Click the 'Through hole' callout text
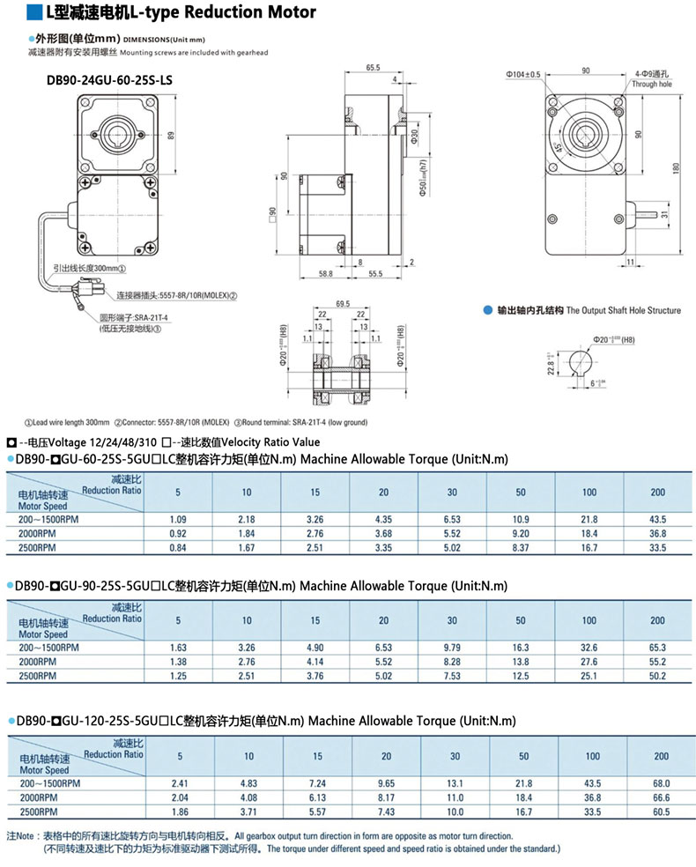pos(651,84)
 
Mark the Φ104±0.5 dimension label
pos(522,74)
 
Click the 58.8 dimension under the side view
pos(325,275)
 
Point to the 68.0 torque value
pos(661,782)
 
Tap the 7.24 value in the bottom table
pos(316,782)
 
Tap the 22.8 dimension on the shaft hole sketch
pos(551,362)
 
